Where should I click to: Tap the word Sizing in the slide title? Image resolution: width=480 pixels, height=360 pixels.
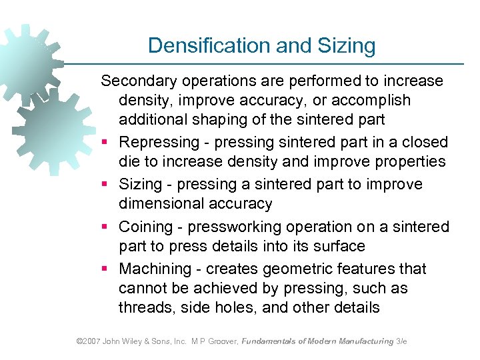[346, 45]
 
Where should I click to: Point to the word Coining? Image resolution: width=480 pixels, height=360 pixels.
[143, 227]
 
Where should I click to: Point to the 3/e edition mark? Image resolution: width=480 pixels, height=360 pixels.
[401, 341]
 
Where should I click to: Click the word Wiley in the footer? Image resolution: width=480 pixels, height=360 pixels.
[132, 341]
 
